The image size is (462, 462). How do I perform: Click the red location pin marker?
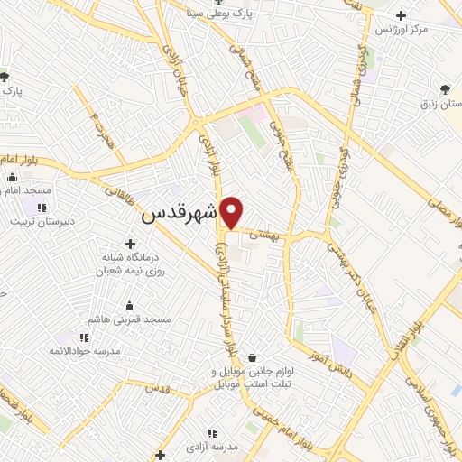(233, 212)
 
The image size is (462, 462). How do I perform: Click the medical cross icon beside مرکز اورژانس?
(402, 14)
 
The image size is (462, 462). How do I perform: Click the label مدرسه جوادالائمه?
(90, 349)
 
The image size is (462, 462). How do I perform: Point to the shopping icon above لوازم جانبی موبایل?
(250, 357)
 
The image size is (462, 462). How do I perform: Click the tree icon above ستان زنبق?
(445, 88)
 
